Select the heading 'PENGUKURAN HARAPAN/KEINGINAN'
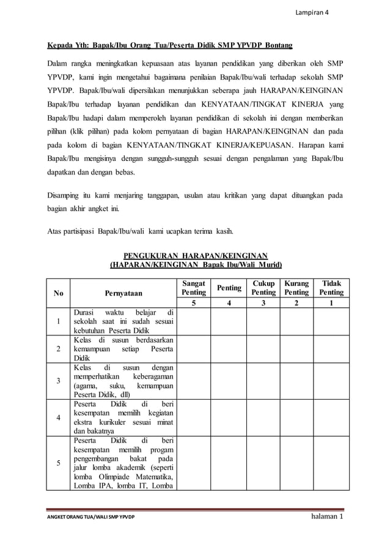195,255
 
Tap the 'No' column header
59,293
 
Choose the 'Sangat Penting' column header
194,288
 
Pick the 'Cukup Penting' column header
263,288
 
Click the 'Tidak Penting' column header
331,288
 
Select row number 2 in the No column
59,349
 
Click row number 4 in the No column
59,417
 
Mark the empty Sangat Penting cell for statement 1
194,321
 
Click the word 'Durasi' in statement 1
86,313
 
